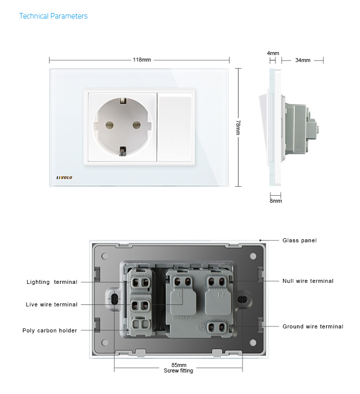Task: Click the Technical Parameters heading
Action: (53, 16)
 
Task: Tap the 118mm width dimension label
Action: (141, 60)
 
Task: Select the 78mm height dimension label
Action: (238, 127)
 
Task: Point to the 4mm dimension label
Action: (273, 53)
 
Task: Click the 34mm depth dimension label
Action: (302, 60)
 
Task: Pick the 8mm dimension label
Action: (275, 201)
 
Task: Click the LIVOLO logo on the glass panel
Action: (64, 178)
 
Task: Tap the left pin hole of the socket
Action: (109, 125)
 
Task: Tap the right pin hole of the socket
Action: (136, 125)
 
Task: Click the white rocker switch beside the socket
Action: (175, 127)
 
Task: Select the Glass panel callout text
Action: (299, 240)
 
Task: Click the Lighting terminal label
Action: (52, 282)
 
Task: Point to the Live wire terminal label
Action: (51, 304)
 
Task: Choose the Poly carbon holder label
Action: (49, 330)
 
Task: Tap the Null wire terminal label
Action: (308, 281)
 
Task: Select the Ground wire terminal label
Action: (313, 326)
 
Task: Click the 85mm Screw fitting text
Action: (178, 368)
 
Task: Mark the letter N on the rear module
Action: (221, 294)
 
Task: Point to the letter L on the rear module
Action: (179, 294)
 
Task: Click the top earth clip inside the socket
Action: (123, 101)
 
